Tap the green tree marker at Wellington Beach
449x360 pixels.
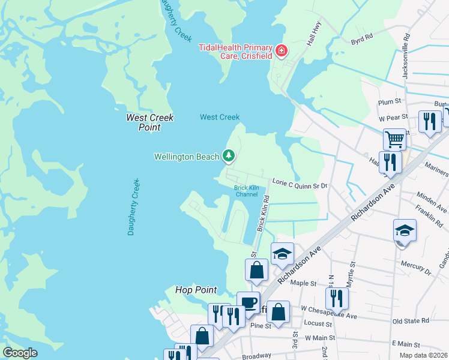click(228, 156)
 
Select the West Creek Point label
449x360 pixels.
click(149, 122)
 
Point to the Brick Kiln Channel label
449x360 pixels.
click(246, 191)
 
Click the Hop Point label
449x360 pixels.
click(196, 290)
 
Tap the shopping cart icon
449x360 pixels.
click(394, 139)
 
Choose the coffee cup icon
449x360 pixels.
click(248, 302)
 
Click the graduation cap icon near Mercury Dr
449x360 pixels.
click(405, 231)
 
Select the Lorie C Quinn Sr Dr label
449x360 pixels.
click(300, 186)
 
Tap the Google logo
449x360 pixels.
click(20, 353)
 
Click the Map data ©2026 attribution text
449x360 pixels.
click(423, 355)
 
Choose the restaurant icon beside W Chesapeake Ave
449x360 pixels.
click(337, 298)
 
